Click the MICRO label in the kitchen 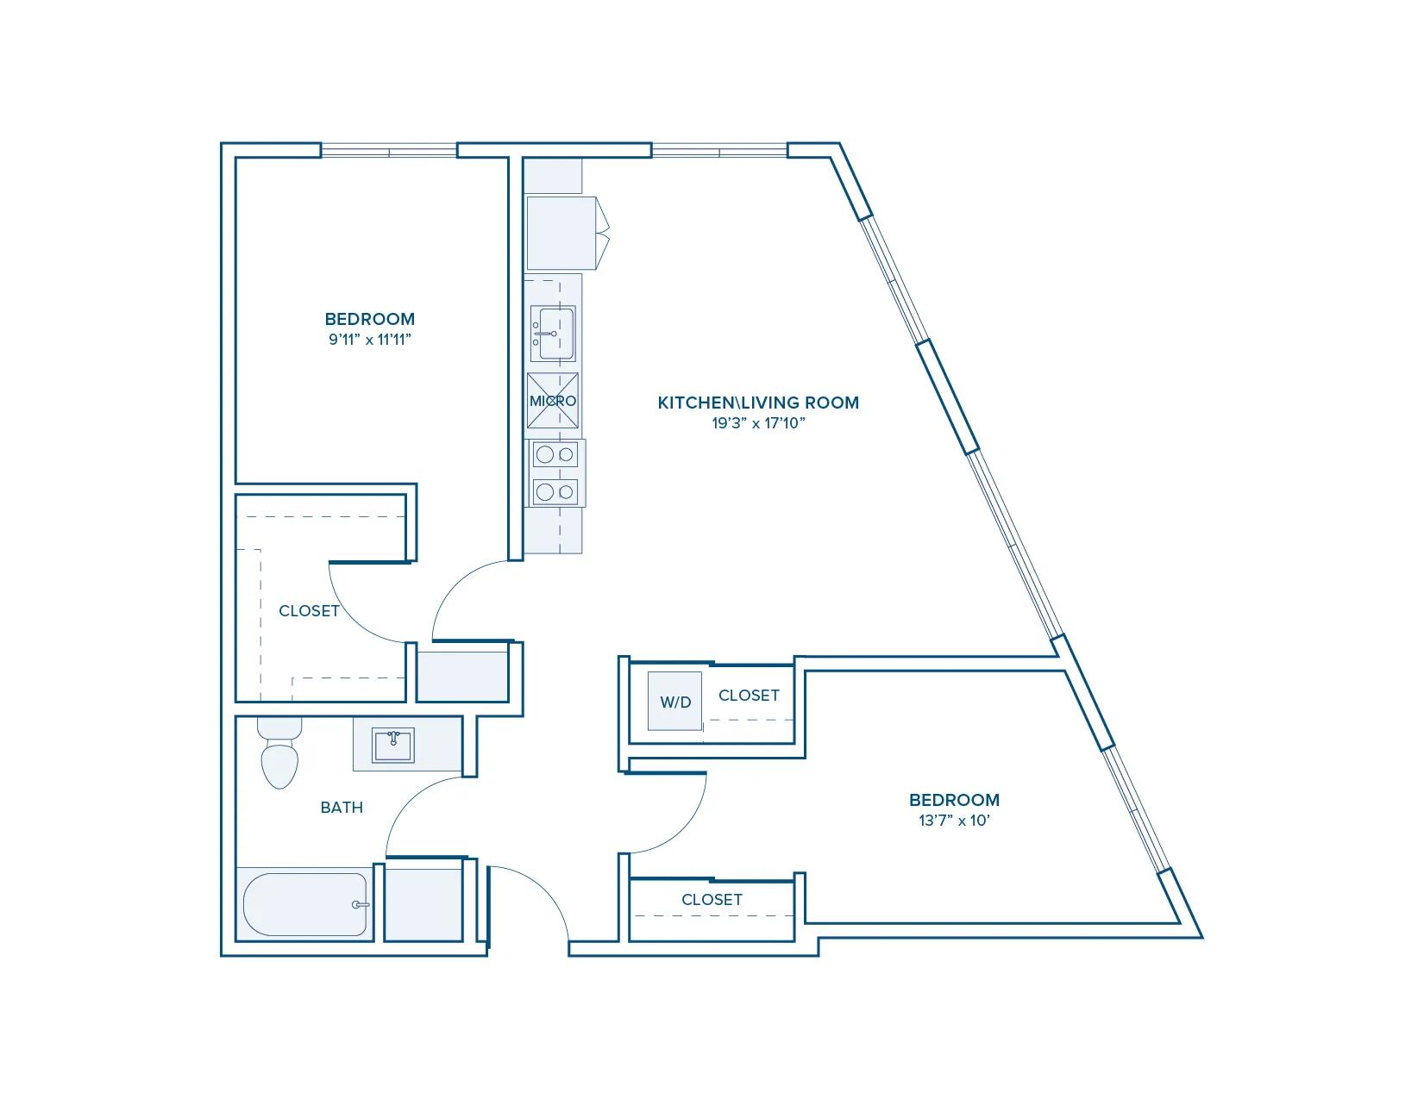pyautogui.click(x=552, y=401)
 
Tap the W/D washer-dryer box pyautogui.click(x=675, y=702)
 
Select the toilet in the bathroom pyautogui.click(x=279, y=753)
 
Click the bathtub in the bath pyautogui.click(x=305, y=904)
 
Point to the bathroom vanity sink pyautogui.click(x=393, y=746)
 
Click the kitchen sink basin pyautogui.click(x=552, y=334)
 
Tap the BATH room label pyautogui.click(x=342, y=808)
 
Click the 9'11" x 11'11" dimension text pyautogui.click(x=370, y=340)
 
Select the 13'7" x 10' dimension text pyautogui.click(x=954, y=820)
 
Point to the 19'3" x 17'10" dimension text pyautogui.click(x=758, y=423)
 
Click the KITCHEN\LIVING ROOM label pyautogui.click(x=758, y=403)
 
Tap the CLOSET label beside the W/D pyautogui.click(x=749, y=696)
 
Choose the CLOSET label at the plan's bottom pyautogui.click(x=712, y=900)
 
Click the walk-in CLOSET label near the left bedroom pyautogui.click(x=309, y=611)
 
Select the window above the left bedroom pyautogui.click(x=389, y=151)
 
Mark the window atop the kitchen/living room pyautogui.click(x=719, y=151)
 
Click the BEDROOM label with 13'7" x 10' pyautogui.click(x=954, y=800)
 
